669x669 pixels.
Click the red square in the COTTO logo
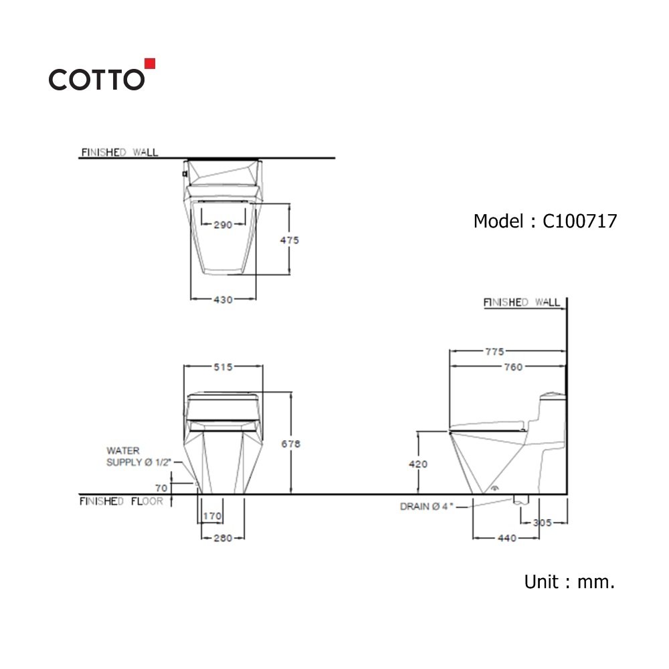click(150, 64)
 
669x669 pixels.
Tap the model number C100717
click(579, 221)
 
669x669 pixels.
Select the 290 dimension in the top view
click(223, 225)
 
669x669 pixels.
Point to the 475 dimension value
click(289, 240)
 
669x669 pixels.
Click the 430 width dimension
click(223, 300)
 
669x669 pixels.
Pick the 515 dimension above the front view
click(223, 367)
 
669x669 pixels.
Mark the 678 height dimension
click(290, 444)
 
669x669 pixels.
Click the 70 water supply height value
click(161, 488)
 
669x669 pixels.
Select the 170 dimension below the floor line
click(212, 516)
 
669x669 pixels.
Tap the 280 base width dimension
click(223, 538)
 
